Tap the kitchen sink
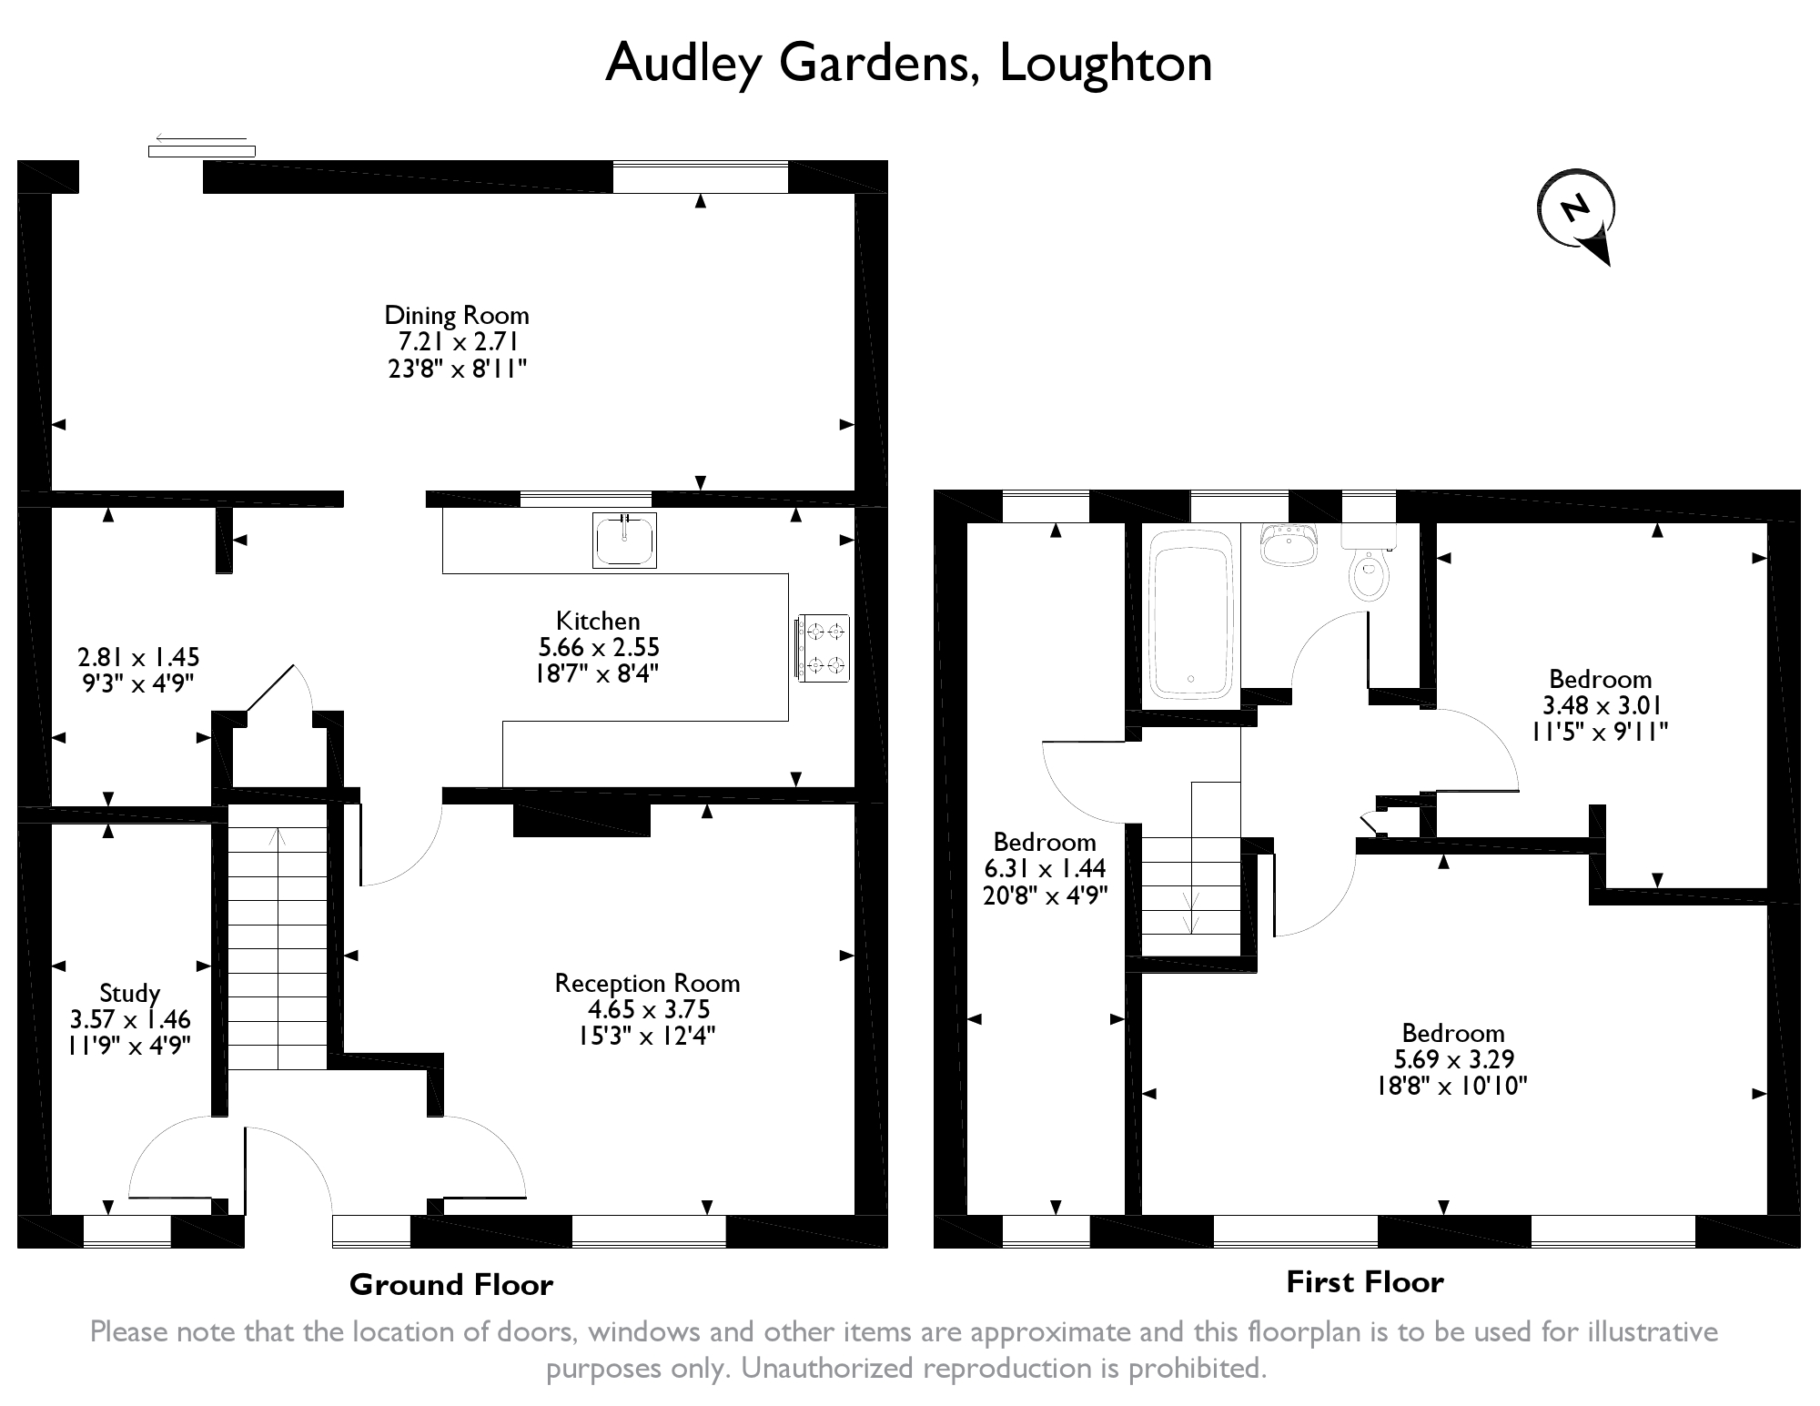(624, 541)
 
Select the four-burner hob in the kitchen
(823, 648)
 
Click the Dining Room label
(456, 315)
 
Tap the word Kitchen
(598, 621)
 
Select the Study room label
(129, 993)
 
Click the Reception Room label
(647, 983)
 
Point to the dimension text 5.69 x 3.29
(1453, 1059)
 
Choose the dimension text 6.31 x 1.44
(1045, 868)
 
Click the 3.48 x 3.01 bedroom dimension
(1600, 705)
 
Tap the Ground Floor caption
(451, 1284)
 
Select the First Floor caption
(1364, 1281)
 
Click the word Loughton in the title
(1106, 63)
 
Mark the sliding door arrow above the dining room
(201, 139)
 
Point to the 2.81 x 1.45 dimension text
(138, 657)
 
